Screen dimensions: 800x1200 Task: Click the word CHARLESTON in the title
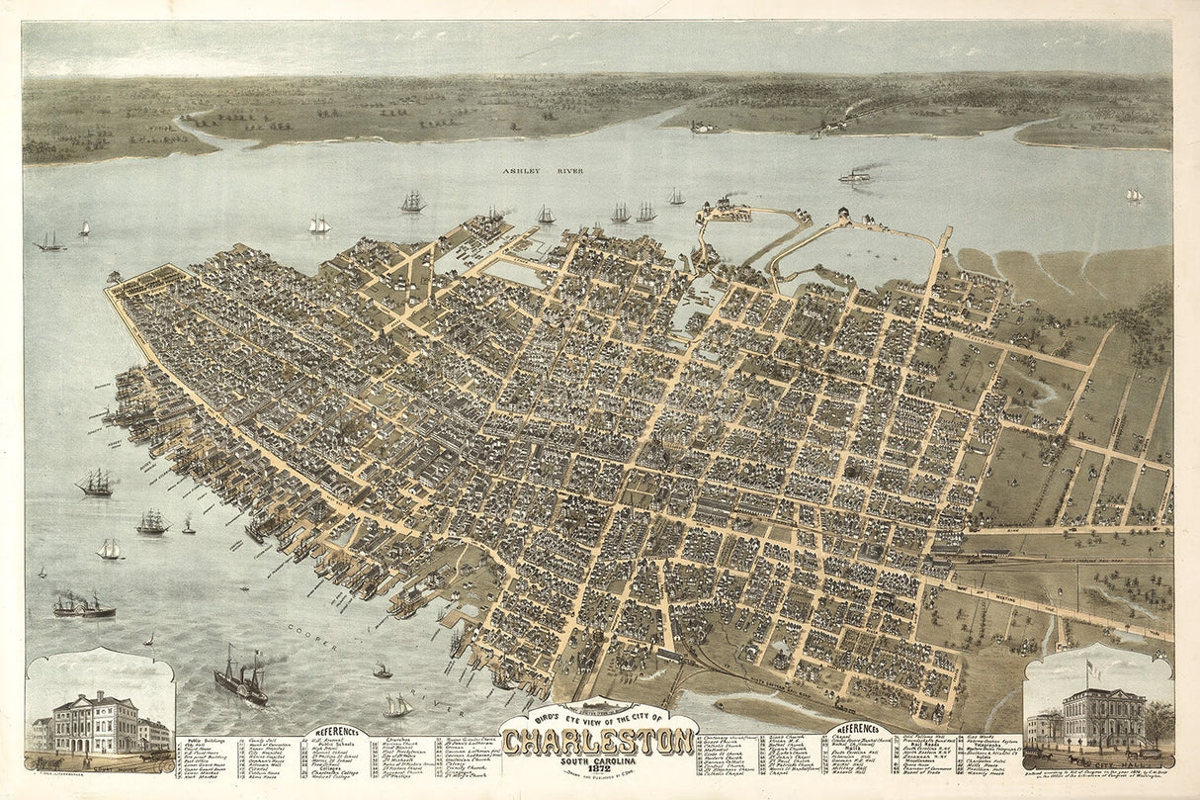click(599, 740)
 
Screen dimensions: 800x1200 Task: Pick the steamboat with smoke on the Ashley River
click(855, 176)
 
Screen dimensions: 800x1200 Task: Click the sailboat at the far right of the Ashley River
click(1134, 195)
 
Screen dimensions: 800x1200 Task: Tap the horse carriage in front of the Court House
click(152, 756)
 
